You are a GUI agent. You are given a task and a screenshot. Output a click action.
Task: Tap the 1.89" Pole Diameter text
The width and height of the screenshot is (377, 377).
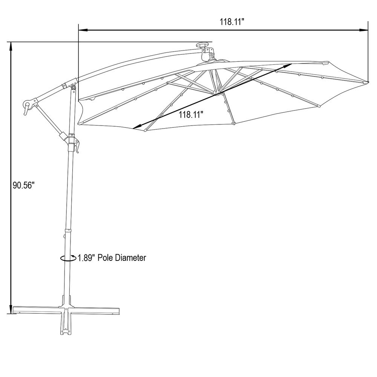coord(112,258)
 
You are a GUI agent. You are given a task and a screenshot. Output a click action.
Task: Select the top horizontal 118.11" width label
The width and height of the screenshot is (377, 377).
coord(232,22)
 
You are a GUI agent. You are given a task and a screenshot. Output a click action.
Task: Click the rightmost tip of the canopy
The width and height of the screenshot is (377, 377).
coord(368,81)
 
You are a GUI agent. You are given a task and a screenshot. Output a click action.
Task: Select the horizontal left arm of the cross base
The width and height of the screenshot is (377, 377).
coord(36,310)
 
